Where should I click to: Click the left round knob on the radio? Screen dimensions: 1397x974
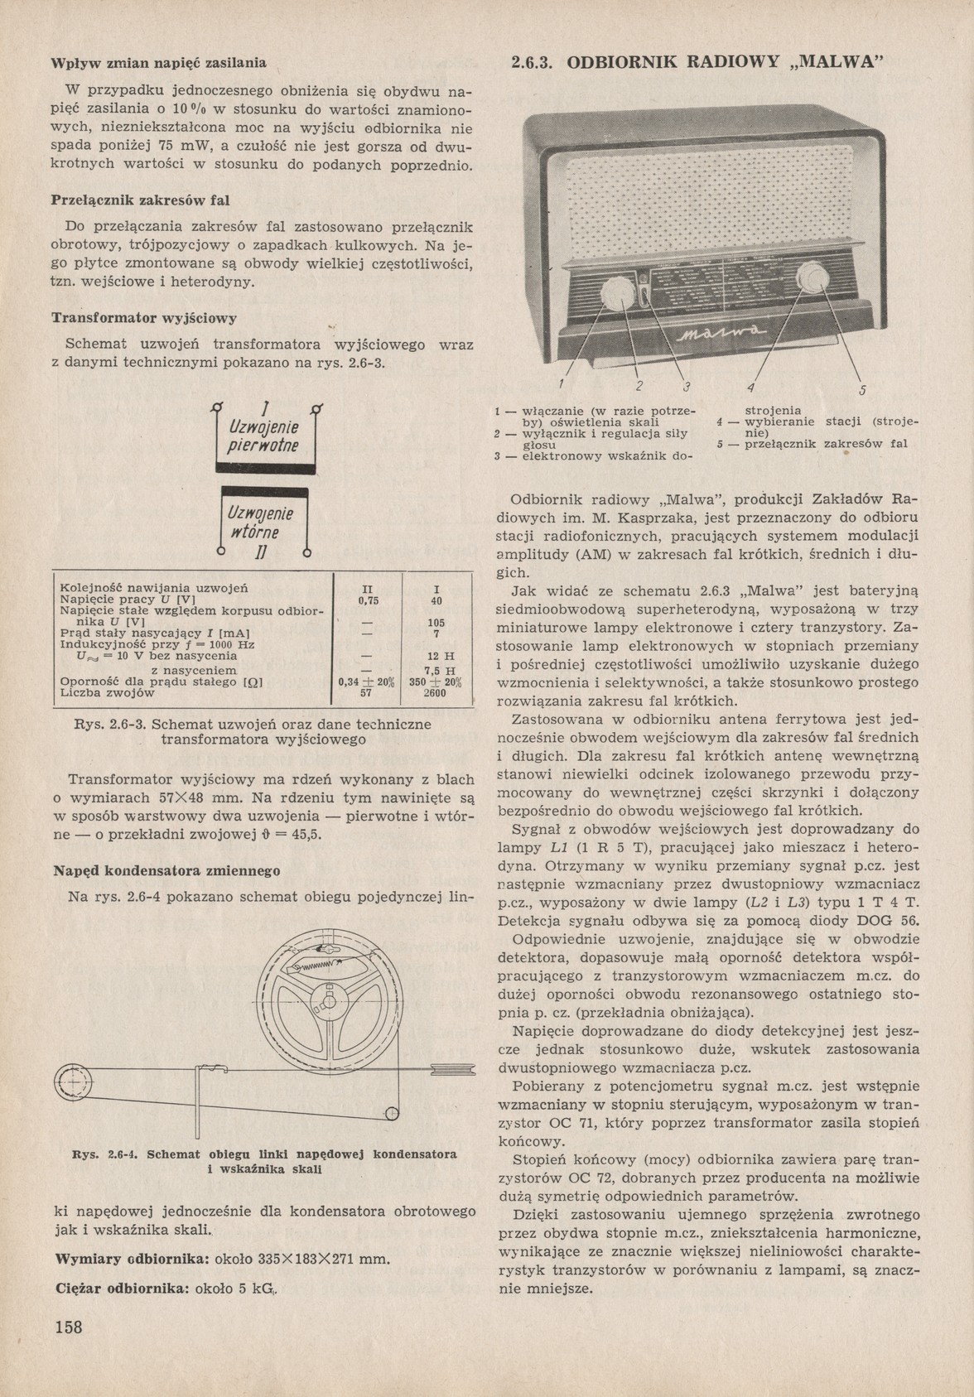(617, 292)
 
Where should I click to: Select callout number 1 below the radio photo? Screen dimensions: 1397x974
(561, 385)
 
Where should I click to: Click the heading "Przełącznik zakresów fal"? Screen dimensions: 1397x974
(141, 200)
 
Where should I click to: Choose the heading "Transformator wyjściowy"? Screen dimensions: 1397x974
(145, 318)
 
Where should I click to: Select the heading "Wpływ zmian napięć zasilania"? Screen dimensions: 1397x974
(159, 62)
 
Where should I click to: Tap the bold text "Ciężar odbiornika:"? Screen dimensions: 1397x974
(122, 1289)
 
